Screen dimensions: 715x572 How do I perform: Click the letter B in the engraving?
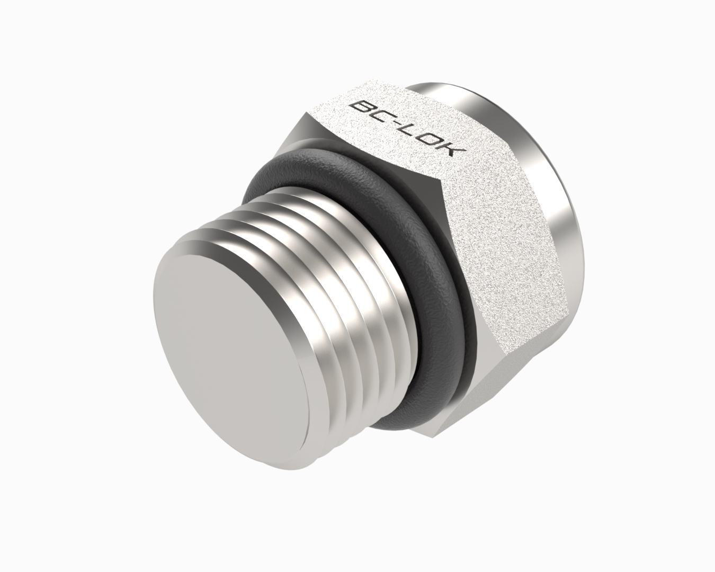pos(363,109)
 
